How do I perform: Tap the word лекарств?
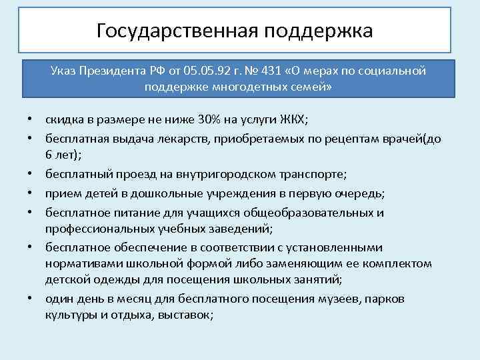(176, 138)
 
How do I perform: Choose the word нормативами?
(83, 263)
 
